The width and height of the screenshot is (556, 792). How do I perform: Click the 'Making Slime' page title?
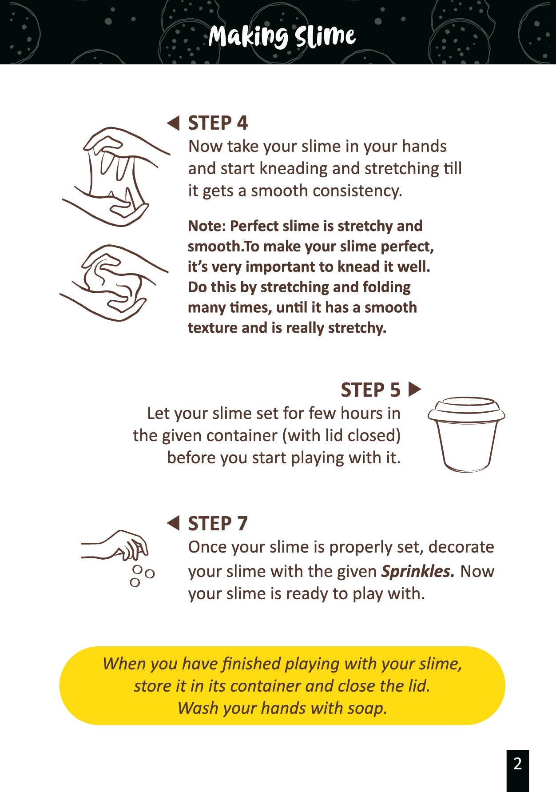tap(282, 36)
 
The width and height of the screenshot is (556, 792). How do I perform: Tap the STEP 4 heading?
tap(218, 123)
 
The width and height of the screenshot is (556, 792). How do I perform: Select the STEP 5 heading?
tap(370, 390)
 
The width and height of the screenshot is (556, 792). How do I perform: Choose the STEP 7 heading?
tap(218, 524)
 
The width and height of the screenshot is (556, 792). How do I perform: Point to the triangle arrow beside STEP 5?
tap(414, 390)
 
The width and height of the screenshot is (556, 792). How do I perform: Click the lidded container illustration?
tap(466, 434)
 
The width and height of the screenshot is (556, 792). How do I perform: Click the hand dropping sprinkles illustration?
tap(118, 557)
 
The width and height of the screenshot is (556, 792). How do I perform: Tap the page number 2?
tap(517, 764)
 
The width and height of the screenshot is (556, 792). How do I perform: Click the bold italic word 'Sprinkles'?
tap(418, 571)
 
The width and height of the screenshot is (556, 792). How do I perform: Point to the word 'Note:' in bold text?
tap(207, 226)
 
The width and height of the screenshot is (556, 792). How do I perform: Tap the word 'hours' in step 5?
tap(361, 413)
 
